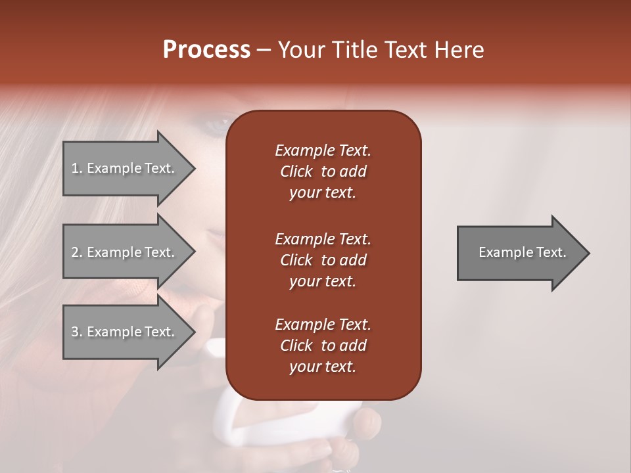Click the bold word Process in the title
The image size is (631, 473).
pos(206,50)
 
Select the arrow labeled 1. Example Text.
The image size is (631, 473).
pos(125,168)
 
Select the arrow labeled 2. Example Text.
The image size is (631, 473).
pos(125,252)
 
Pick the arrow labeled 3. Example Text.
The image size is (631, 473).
pos(125,332)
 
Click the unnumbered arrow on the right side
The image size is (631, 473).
pos(519,252)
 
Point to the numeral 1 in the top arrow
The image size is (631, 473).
pos(75,168)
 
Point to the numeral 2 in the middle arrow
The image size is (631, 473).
pos(75,252)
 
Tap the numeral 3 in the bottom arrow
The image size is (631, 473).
pos(75,332)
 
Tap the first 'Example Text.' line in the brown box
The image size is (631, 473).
pos(323,150)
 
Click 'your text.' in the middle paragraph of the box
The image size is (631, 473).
pos(323,281)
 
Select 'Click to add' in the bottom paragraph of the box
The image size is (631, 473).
pos(323,346)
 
